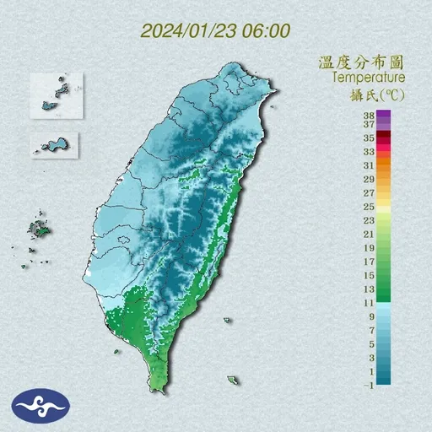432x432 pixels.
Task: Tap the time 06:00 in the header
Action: coord(267,31)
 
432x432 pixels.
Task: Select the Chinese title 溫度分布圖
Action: coord(361,62)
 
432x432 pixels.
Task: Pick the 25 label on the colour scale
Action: coord(369,207)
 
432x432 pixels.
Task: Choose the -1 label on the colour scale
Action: coord(369,385)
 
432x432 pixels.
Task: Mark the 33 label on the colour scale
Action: coord(369,152)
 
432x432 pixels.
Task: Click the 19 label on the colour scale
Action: coord(369,248)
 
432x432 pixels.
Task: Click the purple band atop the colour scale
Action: coord(384,116)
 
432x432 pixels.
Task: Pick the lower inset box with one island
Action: coord(56,144)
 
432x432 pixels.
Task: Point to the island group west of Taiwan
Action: coord(38,228)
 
